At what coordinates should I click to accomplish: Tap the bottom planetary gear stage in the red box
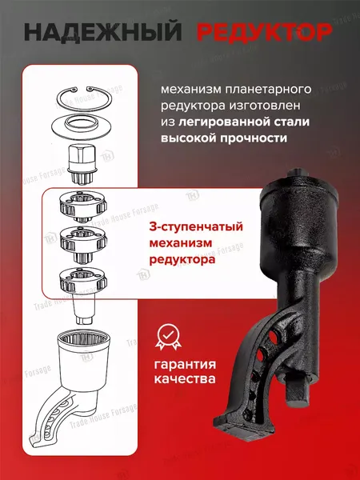pyautogui.click(x=83, y=281)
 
